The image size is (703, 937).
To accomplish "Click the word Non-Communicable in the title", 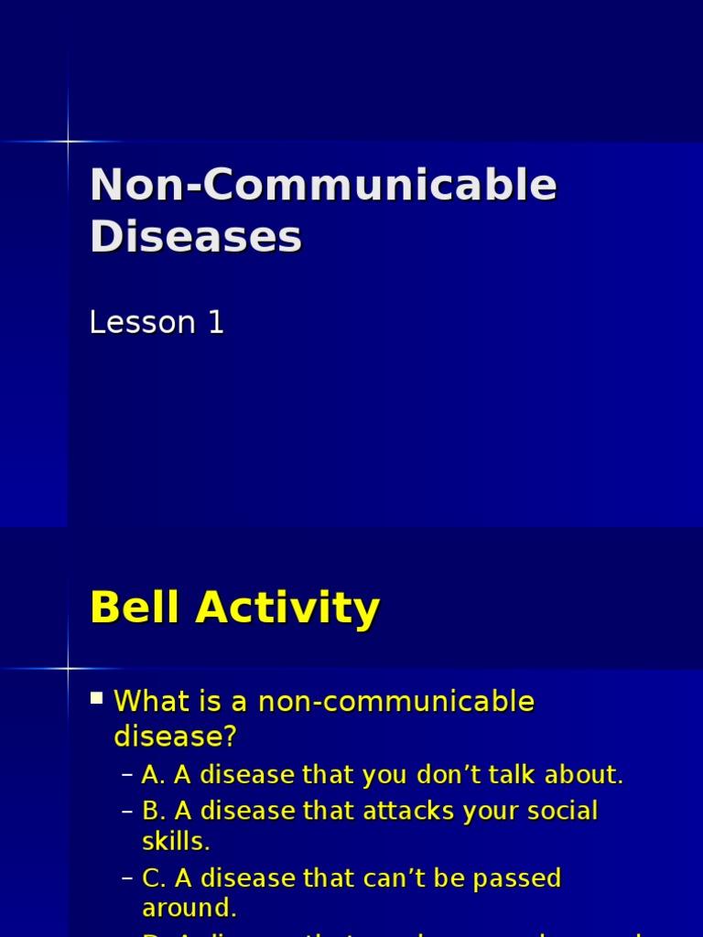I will [x=323, y=185].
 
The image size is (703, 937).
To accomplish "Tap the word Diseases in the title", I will [x=195, y=237].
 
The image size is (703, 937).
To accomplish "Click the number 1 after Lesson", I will [x=215, y=322].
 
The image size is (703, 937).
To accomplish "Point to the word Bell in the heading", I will [x=134, y=608].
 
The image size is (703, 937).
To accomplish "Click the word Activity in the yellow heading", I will [x=293, y=608].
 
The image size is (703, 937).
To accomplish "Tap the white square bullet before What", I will [x=97, y=700].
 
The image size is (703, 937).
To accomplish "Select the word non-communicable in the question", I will [x=396, y=702].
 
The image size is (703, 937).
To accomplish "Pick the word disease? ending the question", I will [x=176, y=735].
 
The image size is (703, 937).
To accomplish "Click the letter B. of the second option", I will [x=153, y=811].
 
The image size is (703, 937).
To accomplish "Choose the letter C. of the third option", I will [x=153, y=878].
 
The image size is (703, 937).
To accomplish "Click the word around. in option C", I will [x=189, y=909].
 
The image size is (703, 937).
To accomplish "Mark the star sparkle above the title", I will [x=68, y=141].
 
